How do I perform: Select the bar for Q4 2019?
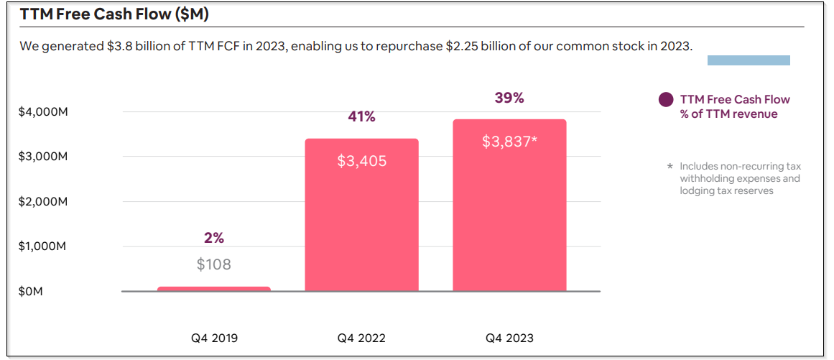tap(214, 289)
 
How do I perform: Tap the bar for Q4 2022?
tap(361, 216)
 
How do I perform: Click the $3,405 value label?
tap(361, 161)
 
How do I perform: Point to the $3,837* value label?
tap(509, 142)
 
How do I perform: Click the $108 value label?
tap(214, 264)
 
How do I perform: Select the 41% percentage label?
tap(361, 116)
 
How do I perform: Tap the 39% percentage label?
tap(509, 98)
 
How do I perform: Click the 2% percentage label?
tap(214, 238)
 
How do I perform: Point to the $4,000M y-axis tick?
tap(43, 112)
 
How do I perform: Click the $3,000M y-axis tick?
tap(43, 157)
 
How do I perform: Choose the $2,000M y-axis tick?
tap(43, 201)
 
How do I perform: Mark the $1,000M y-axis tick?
tap(43, 246)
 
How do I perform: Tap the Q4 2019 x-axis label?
tap(213, 338)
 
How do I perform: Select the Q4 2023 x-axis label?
tap(509, 338)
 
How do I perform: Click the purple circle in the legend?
tap(666, 100)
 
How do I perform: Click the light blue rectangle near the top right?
tap(749, 60)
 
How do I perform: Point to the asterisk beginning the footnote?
tap(670, 167)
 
